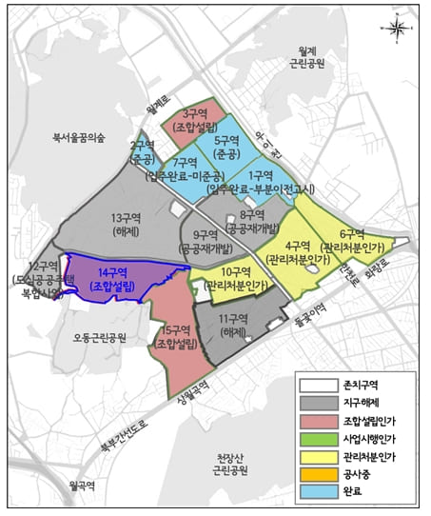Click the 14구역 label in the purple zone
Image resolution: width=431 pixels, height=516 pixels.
tap(112, 278)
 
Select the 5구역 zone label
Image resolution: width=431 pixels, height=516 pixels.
tap(225, 148)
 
